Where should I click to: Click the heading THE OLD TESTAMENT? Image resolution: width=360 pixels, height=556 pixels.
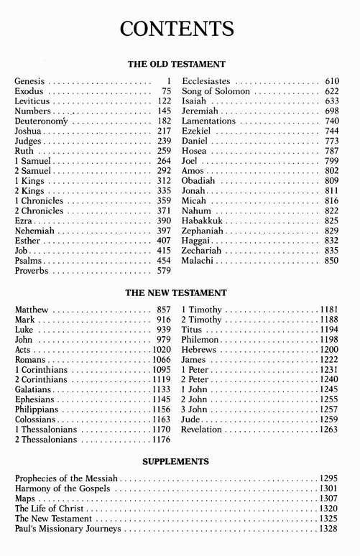point(177,64)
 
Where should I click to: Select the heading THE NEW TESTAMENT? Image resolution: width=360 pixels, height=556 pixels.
point(177,293)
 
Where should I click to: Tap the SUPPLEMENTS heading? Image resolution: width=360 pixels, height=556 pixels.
point(177,460)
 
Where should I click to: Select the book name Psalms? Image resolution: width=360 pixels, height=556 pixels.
point(27,261)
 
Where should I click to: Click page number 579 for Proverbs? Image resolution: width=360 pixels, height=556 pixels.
point(163,272)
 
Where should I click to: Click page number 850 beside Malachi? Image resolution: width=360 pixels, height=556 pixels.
point(330,261)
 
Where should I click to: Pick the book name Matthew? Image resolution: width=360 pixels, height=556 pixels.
point(32,310)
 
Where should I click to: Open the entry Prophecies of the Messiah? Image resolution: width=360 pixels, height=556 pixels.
point(66,478)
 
